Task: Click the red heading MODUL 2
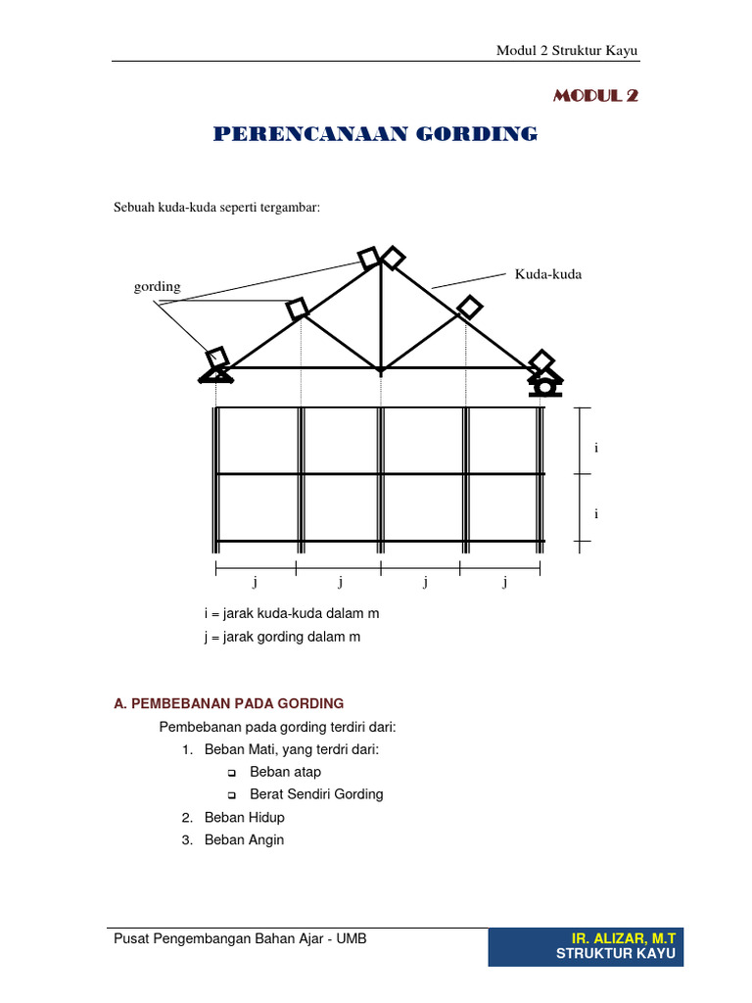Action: [595, 95]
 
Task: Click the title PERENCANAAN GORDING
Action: [375, 134]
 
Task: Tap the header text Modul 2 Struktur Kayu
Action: [569, 52]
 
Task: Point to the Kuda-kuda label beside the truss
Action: [548, 274]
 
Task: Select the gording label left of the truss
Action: [157, 287]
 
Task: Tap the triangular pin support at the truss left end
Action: [216, 373]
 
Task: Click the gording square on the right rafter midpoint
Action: [470, 307]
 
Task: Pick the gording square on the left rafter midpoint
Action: [298, 309]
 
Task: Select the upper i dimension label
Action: [595, 448]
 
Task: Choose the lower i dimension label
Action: [595, 513]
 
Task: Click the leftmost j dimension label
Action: [255, 582]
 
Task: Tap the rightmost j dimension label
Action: [505, 582]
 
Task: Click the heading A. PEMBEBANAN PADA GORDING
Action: [229, 703]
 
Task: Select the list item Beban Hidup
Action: [244, 817]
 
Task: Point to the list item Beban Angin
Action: [244, 839]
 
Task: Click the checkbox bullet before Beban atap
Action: [232, 773]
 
